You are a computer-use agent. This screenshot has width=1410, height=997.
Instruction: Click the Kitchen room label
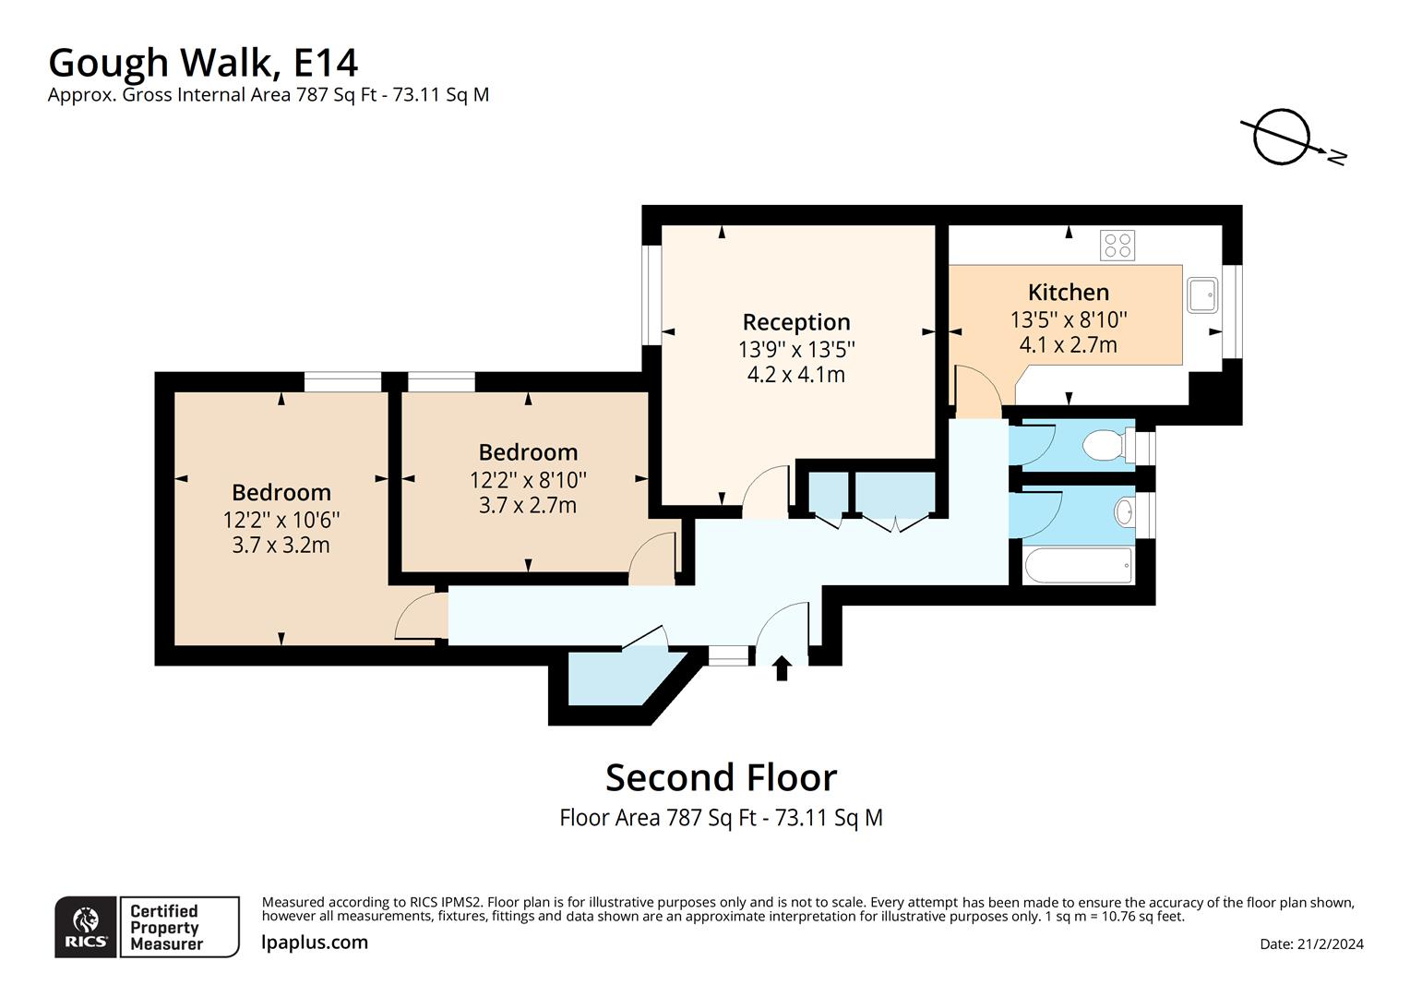click(1068, 293)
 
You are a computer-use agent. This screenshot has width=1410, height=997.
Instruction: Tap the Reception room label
click(795, 322)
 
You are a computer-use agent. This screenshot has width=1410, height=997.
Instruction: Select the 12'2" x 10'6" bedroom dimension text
click(281, 520)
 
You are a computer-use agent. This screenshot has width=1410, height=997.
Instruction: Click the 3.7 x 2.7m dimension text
click(527, 505)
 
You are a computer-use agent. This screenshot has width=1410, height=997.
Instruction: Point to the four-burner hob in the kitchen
click(1117, 246)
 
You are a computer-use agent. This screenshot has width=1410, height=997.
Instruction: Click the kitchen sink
click(1203, 295)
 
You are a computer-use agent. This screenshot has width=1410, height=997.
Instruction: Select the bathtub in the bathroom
click(1077, 566)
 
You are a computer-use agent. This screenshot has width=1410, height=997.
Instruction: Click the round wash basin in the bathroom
click(1124, 511)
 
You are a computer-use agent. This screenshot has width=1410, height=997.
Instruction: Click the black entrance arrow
click(782, 667)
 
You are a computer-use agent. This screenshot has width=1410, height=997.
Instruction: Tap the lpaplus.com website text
click(315, 943)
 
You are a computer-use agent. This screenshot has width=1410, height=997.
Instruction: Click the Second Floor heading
click(721, 777)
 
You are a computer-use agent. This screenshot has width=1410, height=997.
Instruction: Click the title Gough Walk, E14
click(203, 63)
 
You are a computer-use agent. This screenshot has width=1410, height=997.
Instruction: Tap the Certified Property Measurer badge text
click(166, 927)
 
